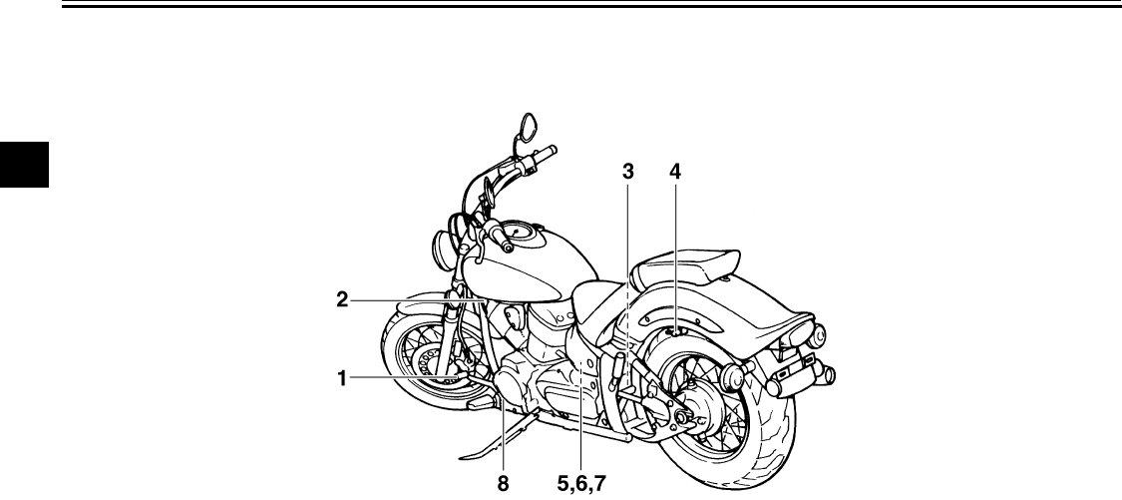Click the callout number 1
click(x=342, y=378)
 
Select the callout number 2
click(x=342, y=298)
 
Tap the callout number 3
click(x=627, y=172)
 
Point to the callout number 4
click(x=675, y=172)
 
